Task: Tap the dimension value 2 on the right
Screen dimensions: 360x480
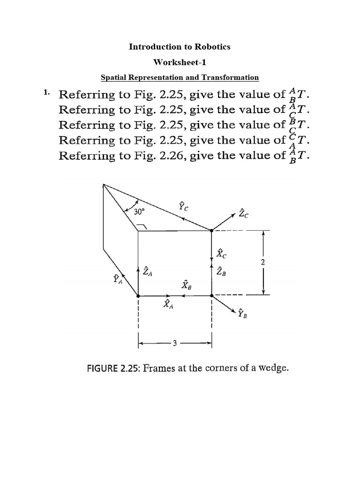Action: (x=263, y=263)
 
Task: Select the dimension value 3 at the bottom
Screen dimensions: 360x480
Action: (x=174, y=343)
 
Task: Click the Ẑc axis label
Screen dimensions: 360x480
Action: (x=243, y=214)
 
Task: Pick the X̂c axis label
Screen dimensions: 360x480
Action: (x=221, y=254)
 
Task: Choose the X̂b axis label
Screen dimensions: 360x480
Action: (x=186, y=285)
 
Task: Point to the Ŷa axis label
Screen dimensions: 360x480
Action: (x=117, y=280)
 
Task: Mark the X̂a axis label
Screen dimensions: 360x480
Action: (x=167, y=304)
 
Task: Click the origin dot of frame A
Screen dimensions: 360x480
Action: (x=138, y=296)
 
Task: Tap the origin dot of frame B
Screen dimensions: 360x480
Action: (x=211, y=296)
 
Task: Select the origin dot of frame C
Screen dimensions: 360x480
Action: (x=211, y=230)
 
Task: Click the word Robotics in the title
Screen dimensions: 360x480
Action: (x=214, y=47)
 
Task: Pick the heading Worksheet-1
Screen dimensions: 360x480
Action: (x=180, y=62)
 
